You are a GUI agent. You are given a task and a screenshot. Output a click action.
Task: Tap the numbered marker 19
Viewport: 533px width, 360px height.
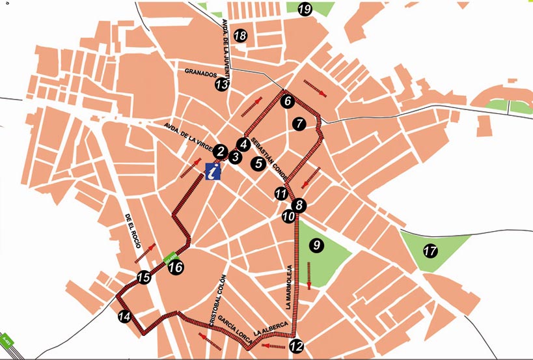point(304,9)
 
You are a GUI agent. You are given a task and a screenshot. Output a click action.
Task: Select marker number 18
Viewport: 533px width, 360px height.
point(240,36)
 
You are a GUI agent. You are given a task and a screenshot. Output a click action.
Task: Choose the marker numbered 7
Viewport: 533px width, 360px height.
point(299,123)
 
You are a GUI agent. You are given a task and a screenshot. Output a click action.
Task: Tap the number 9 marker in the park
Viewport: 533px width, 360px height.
point(316,245)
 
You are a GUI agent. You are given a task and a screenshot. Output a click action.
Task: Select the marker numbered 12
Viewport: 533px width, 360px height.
point(296,346)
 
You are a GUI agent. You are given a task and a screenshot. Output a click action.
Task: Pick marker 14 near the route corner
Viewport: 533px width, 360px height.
point(124,317)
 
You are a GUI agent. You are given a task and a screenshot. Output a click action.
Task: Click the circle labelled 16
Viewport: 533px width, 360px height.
point(175,267)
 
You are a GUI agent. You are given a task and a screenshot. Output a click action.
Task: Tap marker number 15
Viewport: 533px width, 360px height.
point(144,279)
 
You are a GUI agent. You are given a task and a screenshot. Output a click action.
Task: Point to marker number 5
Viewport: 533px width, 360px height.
point(258,163)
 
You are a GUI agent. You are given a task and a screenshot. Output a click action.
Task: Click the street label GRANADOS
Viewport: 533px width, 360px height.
point(200,74)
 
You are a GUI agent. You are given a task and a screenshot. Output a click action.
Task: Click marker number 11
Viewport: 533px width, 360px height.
point(280,193)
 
